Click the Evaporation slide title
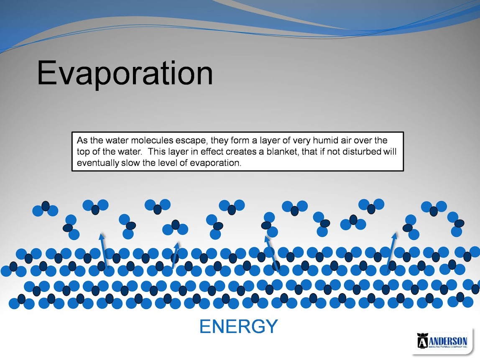125,74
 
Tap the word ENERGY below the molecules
238,326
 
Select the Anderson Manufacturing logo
442,341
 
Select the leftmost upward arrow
104,250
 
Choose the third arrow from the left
272,253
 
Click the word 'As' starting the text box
82,140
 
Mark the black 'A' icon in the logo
422,341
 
